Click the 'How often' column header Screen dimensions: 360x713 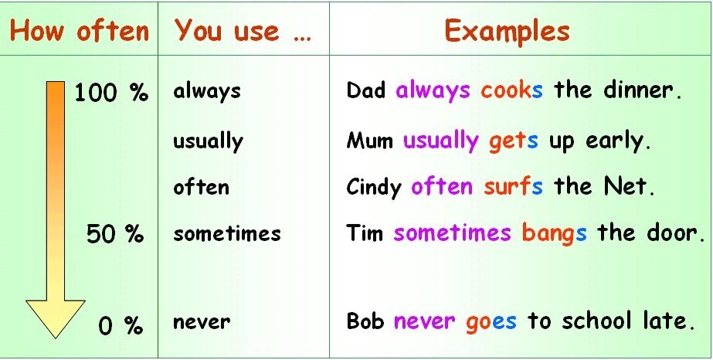point(79,31)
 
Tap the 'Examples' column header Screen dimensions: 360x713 point(507,31)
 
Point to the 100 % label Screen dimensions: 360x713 point(110,93)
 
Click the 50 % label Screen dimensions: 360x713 point(114,233)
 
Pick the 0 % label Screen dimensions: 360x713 point(121,325)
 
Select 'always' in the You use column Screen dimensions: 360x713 point(207,91)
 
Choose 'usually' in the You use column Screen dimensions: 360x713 point(208,141)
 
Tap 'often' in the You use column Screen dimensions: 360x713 point(201,187)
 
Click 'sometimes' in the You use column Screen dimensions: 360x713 point(227,233)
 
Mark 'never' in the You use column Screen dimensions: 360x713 point(202,321)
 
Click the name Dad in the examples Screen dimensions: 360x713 point(366,90)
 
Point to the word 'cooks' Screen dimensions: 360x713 point(511,90)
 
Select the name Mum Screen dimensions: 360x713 point(370,141)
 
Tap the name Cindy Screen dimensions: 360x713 point(374,187)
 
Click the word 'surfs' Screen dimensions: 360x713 point(513,187)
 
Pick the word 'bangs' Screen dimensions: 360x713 point(554,233)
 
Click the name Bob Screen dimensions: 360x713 point(365,321)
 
